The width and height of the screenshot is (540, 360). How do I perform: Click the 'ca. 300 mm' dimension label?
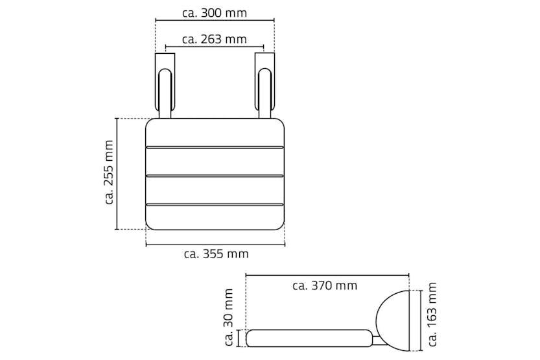214,13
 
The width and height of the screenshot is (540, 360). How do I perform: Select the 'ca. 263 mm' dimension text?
214,40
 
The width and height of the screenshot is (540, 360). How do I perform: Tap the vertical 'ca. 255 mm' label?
109,173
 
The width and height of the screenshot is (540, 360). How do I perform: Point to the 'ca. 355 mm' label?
216,254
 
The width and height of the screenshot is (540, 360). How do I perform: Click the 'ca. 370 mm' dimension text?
325,285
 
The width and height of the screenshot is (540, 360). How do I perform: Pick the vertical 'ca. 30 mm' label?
229,317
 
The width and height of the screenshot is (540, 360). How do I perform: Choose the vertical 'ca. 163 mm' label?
432,314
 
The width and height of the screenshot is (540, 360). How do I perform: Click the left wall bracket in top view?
165,86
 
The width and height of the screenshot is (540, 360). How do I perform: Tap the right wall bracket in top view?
264,86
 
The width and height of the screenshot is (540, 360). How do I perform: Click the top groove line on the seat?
215,147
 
